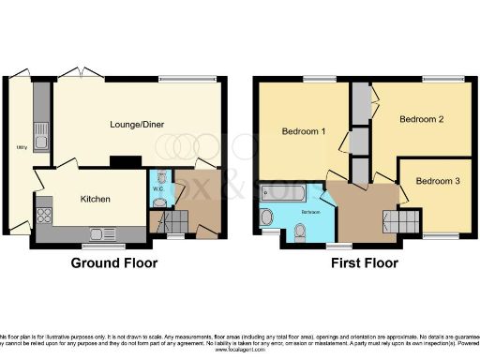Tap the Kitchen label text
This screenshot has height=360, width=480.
[96, 199]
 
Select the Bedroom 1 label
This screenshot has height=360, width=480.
[304, 131]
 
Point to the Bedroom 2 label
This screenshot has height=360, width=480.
[421, 120]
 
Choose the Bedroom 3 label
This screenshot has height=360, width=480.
[438, 180]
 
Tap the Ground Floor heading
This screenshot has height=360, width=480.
[114, 263]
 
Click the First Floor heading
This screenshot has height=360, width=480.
[365, 263]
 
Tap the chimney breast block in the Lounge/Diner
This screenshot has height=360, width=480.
[119, 161]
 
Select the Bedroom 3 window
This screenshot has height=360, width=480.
[441, 235]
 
